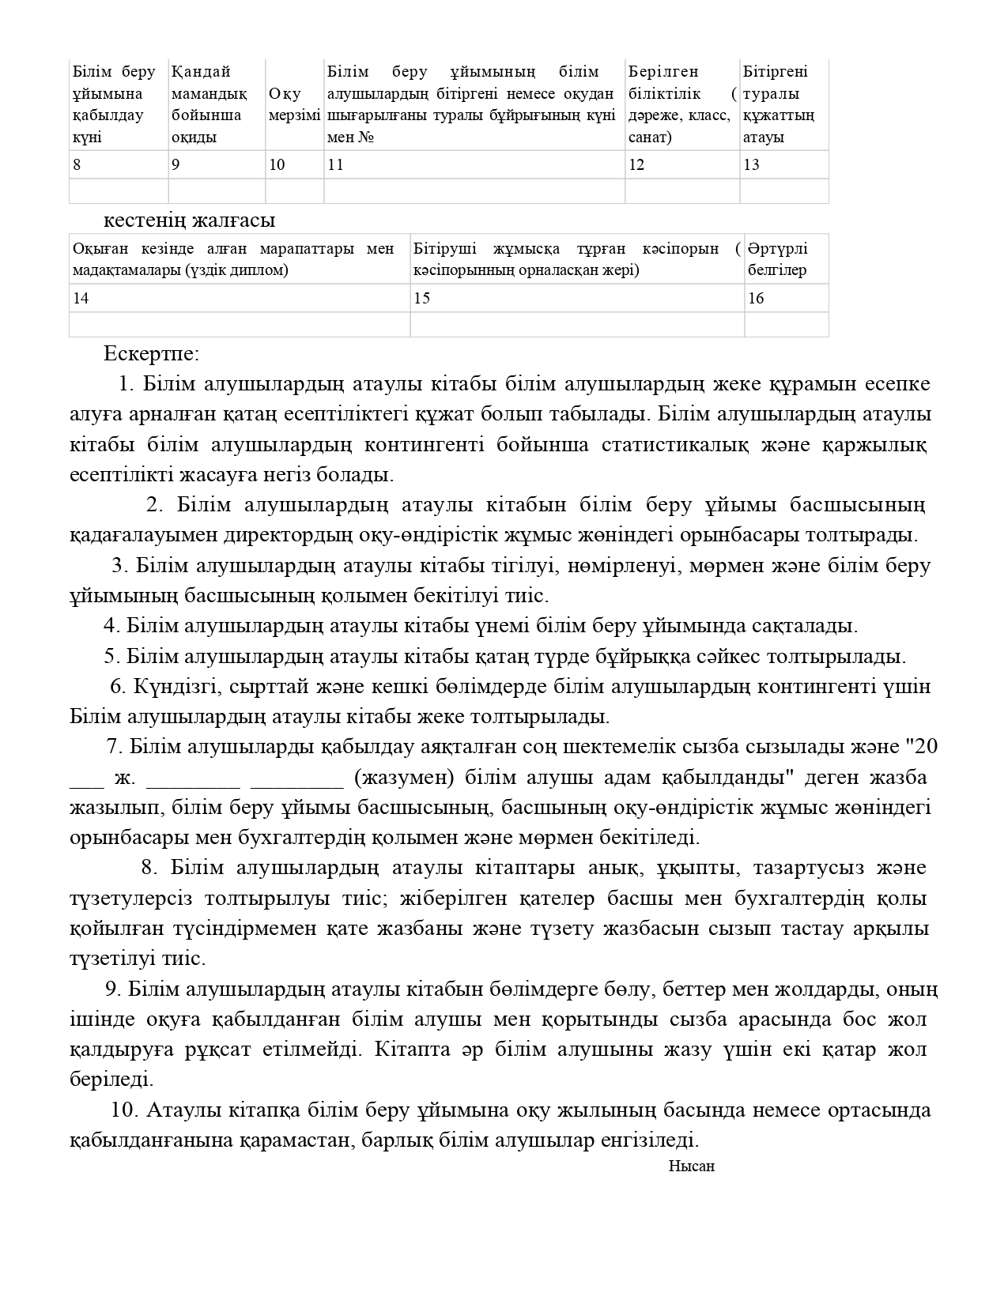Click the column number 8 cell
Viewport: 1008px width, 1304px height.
coord(119,164)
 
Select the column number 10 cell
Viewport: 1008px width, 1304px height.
coord(294,164)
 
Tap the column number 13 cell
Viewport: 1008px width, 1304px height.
coord(783,164)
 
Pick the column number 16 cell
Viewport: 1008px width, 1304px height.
coord(786,298)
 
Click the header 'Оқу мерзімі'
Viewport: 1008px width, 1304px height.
coord(294,105)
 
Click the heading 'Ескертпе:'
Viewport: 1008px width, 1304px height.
coord(151,353)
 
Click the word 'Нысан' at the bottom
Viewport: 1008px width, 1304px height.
coord(691,1166)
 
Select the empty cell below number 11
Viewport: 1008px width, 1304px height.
coord(474,191)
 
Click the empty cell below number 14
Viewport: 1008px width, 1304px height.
coord(240,325)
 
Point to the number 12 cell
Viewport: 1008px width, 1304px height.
coord(681,164)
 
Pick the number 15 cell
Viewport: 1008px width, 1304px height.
coord(576,298)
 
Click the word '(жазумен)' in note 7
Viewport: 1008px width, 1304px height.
coord(404,777)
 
